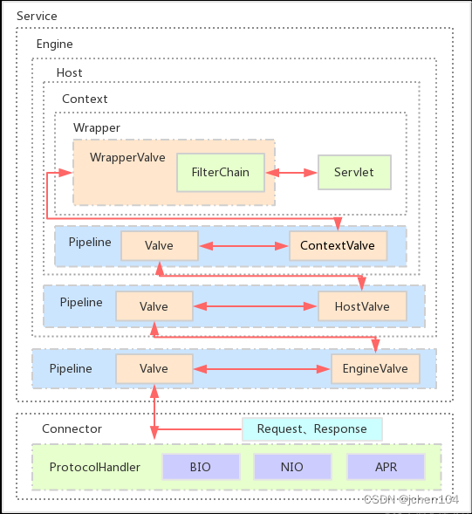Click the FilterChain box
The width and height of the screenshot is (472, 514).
(x=226, y=173)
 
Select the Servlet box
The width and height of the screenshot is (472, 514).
(x=353, y=173)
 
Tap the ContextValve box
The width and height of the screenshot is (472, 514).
(x=337, y=246)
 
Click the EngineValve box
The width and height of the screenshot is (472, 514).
(x=375, y=369)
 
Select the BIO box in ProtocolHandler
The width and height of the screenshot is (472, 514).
(x=200, y=467)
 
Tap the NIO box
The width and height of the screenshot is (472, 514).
(x=292, y=467)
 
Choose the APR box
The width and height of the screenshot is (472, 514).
(x=385, y=467)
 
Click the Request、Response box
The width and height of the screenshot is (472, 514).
(x=311, y=429)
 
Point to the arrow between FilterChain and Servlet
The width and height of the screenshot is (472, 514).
(x=296, y=173)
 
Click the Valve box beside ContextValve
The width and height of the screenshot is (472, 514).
(x=159, y=246)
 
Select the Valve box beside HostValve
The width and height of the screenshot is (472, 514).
(x=154, y=306)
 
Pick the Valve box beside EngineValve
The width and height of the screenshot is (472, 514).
(x=154, y=369)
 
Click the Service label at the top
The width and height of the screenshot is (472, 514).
(x=37, y=17)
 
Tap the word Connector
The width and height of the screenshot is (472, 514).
(x=72, y=428)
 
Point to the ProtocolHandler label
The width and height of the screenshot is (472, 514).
(x=94, y=468)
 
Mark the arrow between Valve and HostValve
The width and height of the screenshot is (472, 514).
(x=254, y=306)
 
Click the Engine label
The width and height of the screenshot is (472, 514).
(x=54, y=44)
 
